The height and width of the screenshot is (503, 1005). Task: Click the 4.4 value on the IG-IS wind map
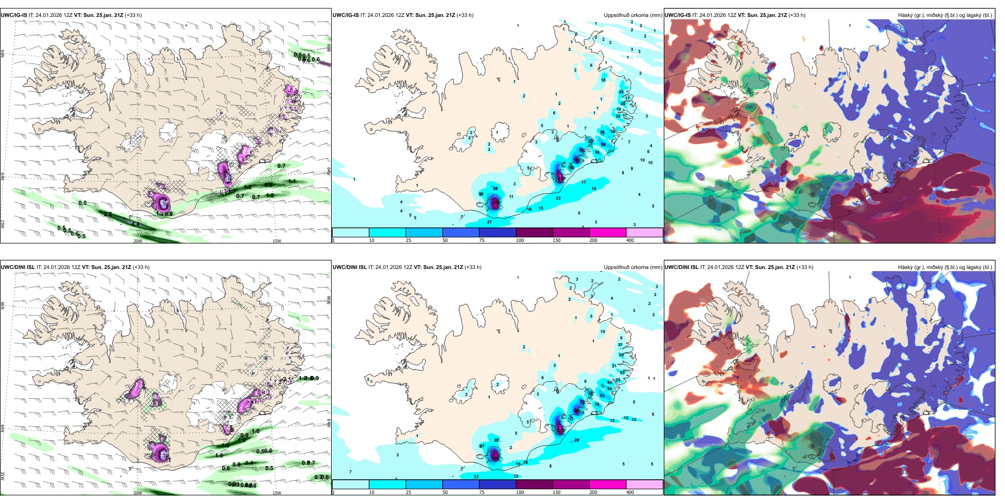[135, 224]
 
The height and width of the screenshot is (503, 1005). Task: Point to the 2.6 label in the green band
[108, 214]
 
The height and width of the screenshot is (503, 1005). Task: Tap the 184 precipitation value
[496, 202]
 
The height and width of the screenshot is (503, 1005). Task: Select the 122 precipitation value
[576, 160]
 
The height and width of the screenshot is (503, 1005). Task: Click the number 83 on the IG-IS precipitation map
[582, 150]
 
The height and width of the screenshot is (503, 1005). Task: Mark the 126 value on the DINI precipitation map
[576, 411]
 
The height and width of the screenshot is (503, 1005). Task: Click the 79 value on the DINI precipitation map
[582, 402]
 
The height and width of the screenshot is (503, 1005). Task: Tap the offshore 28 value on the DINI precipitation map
[577, 440]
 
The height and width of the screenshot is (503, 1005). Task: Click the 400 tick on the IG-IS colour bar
[630, 240]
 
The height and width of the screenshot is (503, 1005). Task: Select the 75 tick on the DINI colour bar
[482, 492]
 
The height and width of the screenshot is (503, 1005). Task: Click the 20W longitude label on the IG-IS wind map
[138, 241]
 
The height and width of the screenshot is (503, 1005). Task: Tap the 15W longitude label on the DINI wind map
[277, 493]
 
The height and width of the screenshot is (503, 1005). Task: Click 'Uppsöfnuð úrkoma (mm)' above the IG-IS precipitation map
[633, 15]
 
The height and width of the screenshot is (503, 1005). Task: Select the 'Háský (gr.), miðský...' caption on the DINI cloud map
[945, 267]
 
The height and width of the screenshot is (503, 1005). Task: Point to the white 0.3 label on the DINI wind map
[154, 403]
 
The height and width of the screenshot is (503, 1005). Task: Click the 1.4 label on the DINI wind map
[249, 463]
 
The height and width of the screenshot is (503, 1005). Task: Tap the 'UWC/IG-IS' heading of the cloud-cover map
[678, 15]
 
